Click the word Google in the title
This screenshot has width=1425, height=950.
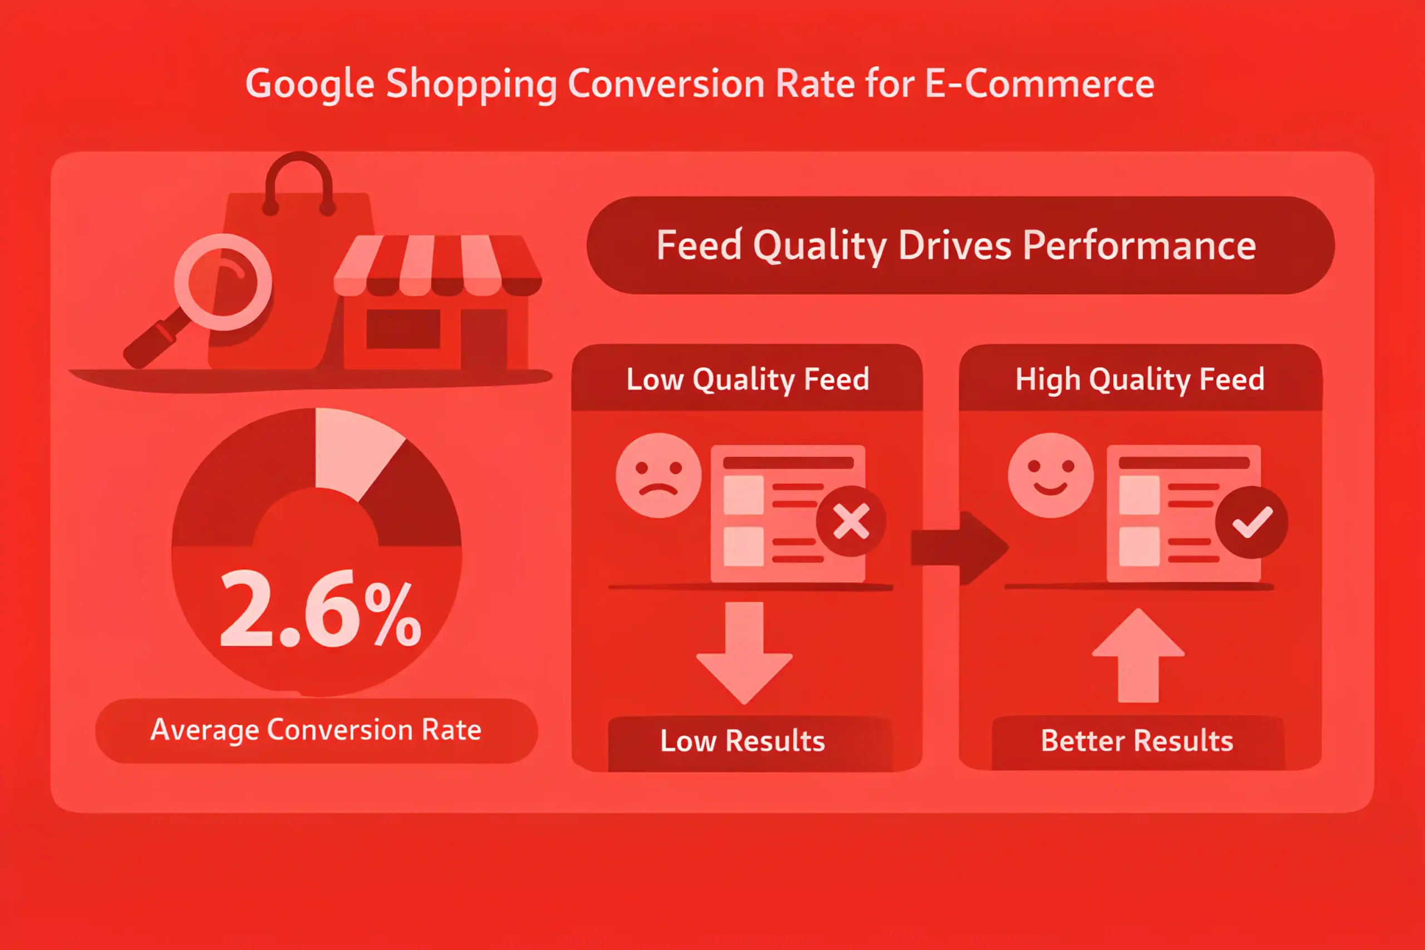[309, 84]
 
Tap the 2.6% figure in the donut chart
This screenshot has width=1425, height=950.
[321, 608]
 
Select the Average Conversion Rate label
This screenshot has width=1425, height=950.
[316, 730]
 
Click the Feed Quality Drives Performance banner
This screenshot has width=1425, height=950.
[960, 245]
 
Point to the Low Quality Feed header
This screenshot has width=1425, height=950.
[747, 379]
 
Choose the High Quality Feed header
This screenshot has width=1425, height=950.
[1140, 379]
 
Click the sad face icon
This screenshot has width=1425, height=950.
[659, 475]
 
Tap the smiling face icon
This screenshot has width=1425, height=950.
[1050, 475]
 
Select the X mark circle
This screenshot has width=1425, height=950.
[851, 521]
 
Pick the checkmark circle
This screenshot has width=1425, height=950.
[1252, 522]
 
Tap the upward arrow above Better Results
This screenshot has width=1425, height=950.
[1138, 656]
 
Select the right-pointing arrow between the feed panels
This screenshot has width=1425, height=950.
[960, 548]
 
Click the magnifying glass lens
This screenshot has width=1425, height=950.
[223, 282]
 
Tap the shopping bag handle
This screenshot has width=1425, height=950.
[299, 182]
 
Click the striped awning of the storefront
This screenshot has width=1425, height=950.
[438, 265]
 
